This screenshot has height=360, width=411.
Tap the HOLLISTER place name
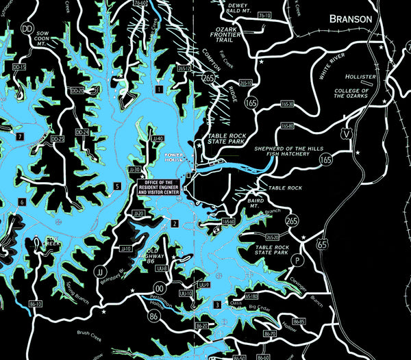pyautogui.click(x=361, y=77)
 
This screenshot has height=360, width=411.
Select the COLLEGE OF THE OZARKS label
pyautogui.click(x=351, y=94)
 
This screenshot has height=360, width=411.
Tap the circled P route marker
pyautogui.click(x=297, y=260)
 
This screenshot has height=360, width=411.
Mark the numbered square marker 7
pyautogui.click(x=21, y=137)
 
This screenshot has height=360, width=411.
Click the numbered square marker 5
pyautogui.click(x=117, y=186)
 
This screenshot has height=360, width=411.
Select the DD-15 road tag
pyautogui.click(x=19, y=67)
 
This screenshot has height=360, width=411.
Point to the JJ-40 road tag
pyautogui.click(x=157, y=138)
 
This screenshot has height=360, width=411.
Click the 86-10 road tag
pyautogui.click(x=36, y=303)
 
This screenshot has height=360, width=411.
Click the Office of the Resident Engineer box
pyautogui.click(x=162, y=187)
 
